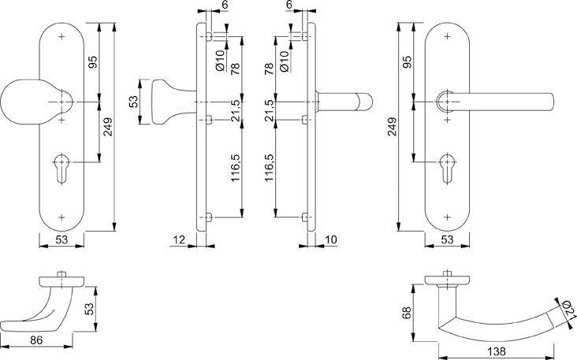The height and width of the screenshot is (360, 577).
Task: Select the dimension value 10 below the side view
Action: click(x=329, y=239)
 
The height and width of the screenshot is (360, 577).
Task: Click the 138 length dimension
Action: click(x=495, y=351)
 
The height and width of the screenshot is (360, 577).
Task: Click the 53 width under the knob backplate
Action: click(x=62, y=239)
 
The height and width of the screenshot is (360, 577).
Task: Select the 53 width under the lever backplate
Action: click(x=447, y=239)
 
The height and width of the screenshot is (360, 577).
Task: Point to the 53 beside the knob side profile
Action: click(x=134, y=102)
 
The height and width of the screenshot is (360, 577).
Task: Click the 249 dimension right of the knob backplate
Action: click(x=108, y=126)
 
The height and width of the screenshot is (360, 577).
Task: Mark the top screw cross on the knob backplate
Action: click(x=62, y=37)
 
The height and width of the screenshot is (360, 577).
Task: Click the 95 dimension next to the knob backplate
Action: click(x=93, y=63)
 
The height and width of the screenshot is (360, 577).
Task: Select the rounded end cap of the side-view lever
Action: click(x=365, y=102)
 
